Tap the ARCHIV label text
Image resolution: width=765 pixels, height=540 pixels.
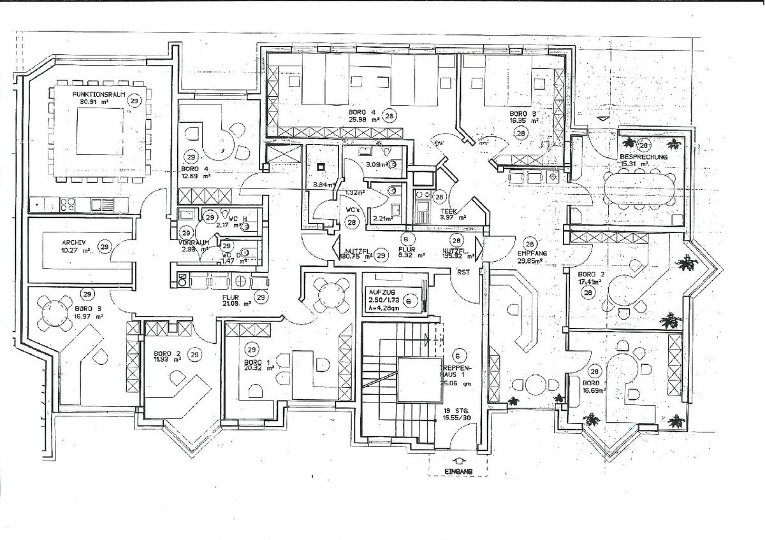click(74, 243)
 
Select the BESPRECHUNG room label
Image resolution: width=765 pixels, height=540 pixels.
click(642, 156)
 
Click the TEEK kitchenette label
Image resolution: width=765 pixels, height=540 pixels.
click(454, 210)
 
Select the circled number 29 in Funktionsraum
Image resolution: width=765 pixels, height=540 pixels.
click(134, 101)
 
